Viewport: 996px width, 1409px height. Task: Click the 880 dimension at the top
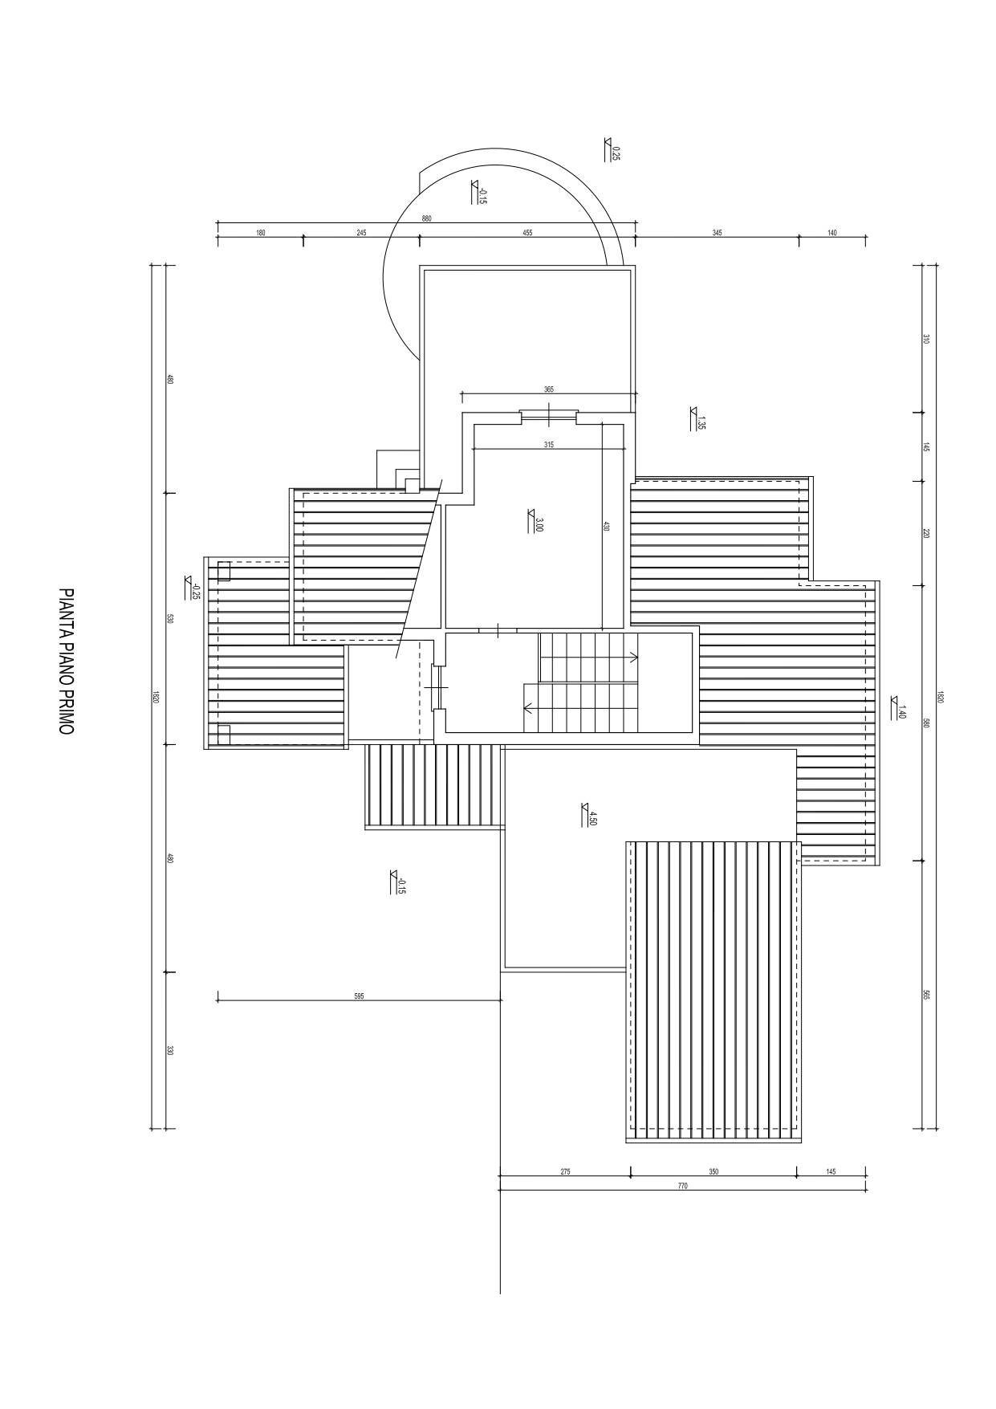click(426, 218)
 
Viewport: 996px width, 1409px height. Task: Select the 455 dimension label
click(527, 233)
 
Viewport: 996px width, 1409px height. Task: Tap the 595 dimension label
click(359, 996)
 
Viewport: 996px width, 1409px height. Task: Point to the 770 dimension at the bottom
click(682, 1186)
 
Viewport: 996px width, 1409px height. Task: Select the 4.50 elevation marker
click(590, 816)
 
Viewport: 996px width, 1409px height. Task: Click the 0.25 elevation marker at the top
click(612, 150)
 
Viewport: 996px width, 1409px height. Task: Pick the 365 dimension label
click(548, 389)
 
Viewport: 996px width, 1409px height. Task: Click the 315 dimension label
click(548, 444)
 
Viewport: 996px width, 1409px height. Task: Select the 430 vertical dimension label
click(606, 527)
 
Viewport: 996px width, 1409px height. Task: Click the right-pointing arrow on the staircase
click(633, 658)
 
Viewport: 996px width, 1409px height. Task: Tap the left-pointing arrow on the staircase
click(527, 708)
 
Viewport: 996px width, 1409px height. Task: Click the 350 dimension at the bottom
click(713, 1171)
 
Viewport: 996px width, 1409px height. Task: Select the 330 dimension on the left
click(169, 1050)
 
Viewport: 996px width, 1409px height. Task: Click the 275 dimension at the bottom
click(565, 1171)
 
